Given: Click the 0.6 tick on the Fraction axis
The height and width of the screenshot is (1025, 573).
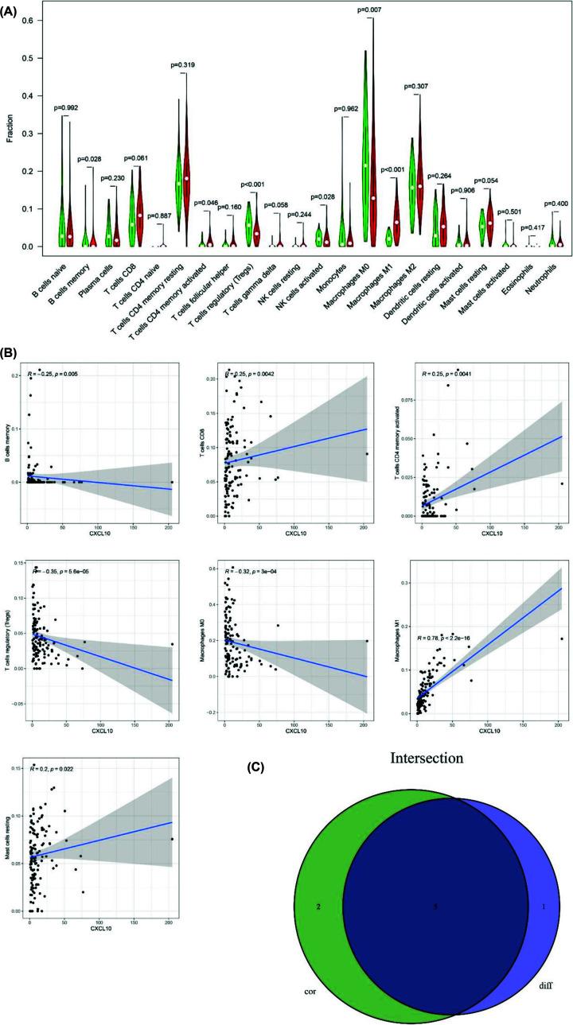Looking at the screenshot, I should click(x=29, y=21).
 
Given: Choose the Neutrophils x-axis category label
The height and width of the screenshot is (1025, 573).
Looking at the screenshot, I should click(x=545, y=275).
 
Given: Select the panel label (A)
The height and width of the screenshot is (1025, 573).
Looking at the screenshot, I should click(x=13, y=9).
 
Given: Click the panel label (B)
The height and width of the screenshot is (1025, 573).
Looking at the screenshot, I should click(x=12, y=351).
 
